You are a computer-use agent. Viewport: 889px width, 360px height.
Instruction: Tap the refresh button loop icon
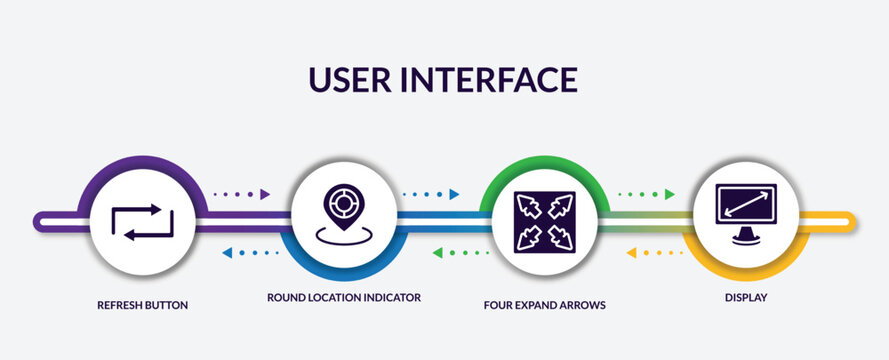coord(143,221)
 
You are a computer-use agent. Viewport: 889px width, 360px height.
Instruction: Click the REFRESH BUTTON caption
coord(143,303)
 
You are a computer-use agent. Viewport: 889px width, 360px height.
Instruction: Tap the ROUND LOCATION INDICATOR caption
coord(344,298)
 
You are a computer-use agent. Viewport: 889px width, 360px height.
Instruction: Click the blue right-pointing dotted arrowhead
coord(454,194)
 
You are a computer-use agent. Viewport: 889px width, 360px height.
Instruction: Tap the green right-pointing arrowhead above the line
coord(669,194)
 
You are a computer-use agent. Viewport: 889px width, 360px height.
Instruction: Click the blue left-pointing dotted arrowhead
coord(227,252)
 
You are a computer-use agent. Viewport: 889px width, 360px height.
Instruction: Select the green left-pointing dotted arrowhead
coord(438,252)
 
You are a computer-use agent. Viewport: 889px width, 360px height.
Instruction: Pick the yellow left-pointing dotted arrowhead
coord(632,252)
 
